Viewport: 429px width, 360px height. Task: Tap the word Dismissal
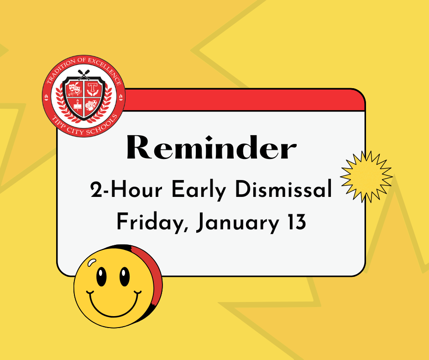(x=283, y=189)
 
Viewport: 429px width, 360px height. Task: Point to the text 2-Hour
(x=126, y=189)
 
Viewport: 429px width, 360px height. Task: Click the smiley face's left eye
(x=101, y=277)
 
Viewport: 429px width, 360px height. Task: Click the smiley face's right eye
(x=125, y=277)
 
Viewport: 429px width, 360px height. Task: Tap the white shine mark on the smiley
(x=92, y=262)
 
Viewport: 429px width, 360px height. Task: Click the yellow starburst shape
(x=366, y=177)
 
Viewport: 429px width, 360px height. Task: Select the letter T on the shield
(x=93, y=87)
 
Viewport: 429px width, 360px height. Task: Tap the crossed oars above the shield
(x=84, y=74)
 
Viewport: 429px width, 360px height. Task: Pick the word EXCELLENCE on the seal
(x=105, y=69)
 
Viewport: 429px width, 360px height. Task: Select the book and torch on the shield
(x=78, y=105)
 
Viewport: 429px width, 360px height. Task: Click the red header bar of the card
(x=245, y=100)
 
